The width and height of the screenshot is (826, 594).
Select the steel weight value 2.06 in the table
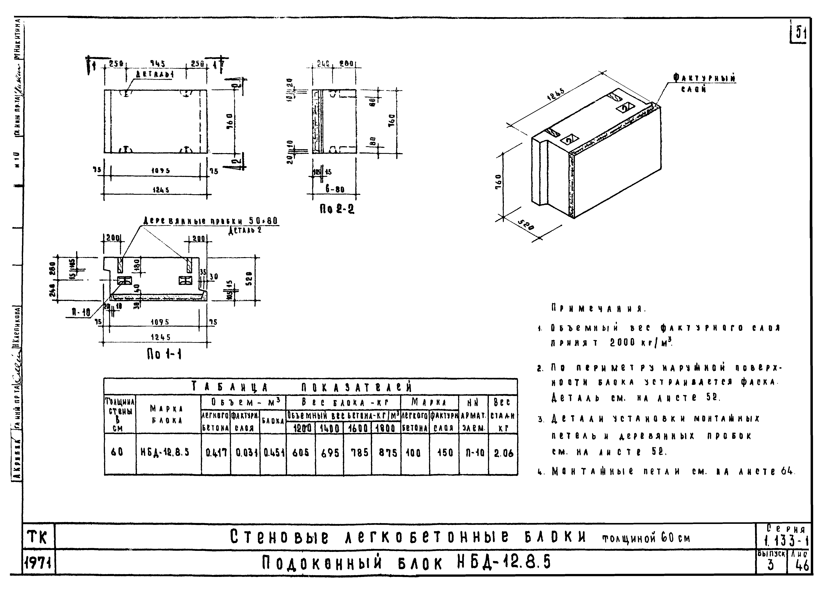tap(503, 453)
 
